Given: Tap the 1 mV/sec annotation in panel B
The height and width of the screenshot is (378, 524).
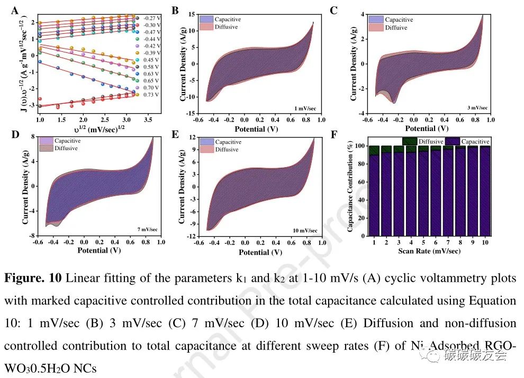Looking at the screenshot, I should pyautogui.click(x=305, y=108).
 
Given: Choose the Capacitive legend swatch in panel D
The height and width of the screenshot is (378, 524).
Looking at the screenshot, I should pyautogui.click(x=47, y=141).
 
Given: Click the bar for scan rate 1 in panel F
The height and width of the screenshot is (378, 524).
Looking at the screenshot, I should pyautogui.click(x=374, y=193).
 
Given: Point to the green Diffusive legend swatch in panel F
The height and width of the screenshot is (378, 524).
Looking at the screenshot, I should pyautogui.click(x=410, y=141).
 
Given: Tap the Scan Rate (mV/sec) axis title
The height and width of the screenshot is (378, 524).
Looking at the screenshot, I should pyautogui.click(x=429, y=251).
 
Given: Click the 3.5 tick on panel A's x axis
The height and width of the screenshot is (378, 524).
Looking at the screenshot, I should pyautogui.click(x=148, y=120).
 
